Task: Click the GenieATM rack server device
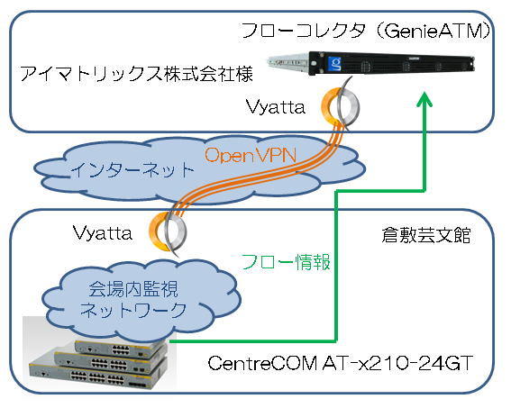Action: coord(371,63)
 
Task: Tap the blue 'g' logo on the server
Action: coord(334,63)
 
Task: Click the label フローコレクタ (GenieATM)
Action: coord(366,32)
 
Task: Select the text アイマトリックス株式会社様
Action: coord(136,74)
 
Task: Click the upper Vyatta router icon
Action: coord(340,104)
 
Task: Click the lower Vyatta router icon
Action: coord(168,231)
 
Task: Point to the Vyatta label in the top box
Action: coord(276,107)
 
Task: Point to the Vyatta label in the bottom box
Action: coord(103,232)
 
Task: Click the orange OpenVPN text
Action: coord(251,155)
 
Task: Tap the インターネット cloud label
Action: coord(132,170)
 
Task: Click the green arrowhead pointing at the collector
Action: coord(424,100)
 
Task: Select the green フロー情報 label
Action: coord(286,262)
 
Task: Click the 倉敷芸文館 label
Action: coord(426,235)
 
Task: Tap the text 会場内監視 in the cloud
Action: coord(133,289)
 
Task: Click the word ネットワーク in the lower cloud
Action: coord(133,310)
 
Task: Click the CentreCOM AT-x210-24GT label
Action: coord(341,363)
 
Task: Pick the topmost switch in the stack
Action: coord(119,348)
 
